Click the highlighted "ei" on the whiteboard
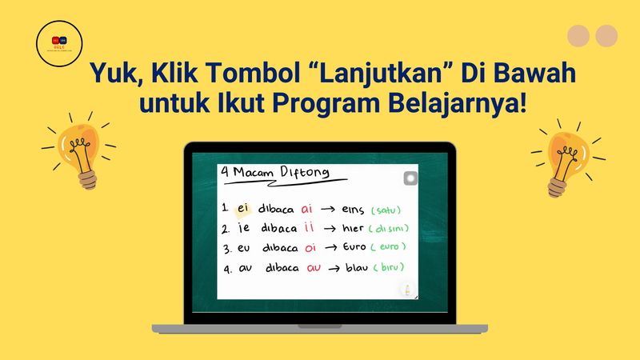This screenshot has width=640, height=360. (x=243, y=209)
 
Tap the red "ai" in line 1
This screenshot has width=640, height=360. (x=308, y=209)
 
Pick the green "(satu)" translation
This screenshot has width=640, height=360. (x=385, y=210)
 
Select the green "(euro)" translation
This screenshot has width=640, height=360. (x=390, y=247)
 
